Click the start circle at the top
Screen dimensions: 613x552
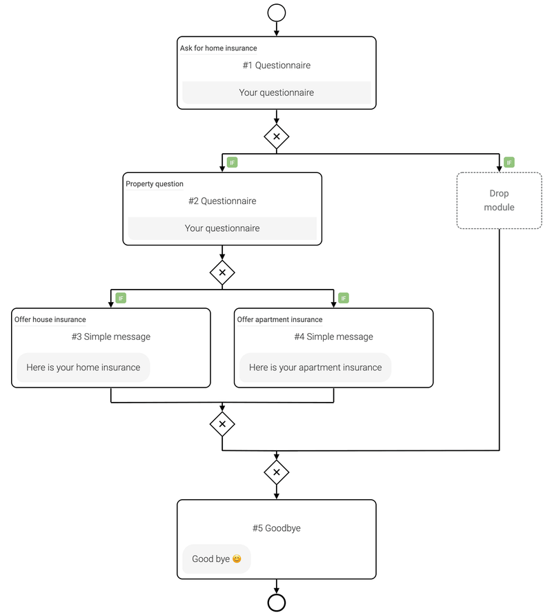277,12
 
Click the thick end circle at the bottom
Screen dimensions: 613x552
277,602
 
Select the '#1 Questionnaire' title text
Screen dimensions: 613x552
277,66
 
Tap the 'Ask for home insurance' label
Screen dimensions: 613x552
218,48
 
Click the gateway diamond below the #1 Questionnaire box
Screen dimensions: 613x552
277,137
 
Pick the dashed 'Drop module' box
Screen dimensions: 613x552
499,201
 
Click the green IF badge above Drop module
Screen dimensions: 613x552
509,163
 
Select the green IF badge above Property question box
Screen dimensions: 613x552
233,163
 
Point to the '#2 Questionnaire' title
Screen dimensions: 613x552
222,201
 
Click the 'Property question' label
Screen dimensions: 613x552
155,184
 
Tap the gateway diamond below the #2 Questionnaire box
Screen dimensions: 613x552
222,272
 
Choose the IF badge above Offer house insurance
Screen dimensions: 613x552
121,298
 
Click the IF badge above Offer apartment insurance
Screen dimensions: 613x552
344,298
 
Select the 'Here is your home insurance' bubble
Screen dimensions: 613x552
83,368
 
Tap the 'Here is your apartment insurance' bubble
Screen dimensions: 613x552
315,368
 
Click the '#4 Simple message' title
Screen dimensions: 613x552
333,337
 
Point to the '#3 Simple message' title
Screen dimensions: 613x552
110,337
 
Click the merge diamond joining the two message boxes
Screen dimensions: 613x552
222,424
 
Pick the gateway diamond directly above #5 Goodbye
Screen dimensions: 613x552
277,472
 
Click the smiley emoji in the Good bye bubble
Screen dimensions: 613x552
237,559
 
